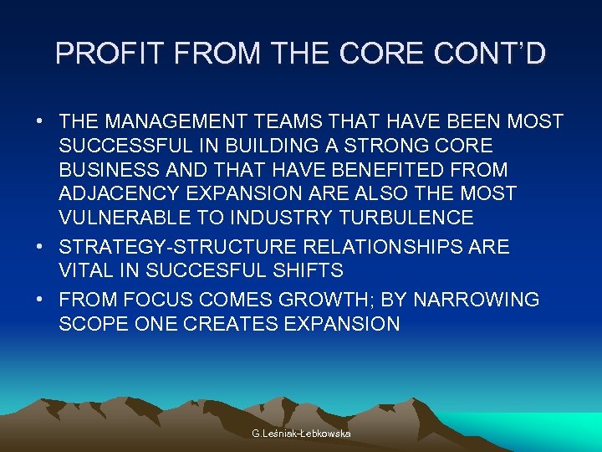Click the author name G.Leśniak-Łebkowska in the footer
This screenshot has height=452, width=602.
pos(301,434)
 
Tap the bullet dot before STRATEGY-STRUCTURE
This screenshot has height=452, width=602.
pos(40,247)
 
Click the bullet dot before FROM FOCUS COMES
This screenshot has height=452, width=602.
pos(40,299)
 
